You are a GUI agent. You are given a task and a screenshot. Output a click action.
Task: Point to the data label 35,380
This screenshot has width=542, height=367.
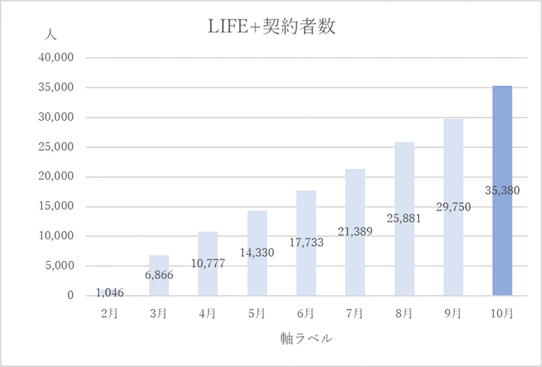pyautogui.click(x=502, y=190)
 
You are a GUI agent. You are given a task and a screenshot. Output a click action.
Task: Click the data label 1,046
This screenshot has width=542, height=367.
pyautogui.click(x=110, y=293)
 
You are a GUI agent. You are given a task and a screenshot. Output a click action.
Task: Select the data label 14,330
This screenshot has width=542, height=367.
pyautogui.click(x=257, y=252)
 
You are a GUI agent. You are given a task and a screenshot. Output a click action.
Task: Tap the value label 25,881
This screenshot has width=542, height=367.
pyautogui.click(x=404, y=219)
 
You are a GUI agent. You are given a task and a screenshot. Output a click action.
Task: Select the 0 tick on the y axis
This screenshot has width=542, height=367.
pyautogui.click(x=70, y=296)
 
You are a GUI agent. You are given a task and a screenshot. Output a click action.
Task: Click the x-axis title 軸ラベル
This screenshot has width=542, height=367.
pyautogui.click(x=306, y=338)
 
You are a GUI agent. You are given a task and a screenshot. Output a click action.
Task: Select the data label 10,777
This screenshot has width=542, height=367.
pyautogui.click(x=208, y=263)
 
